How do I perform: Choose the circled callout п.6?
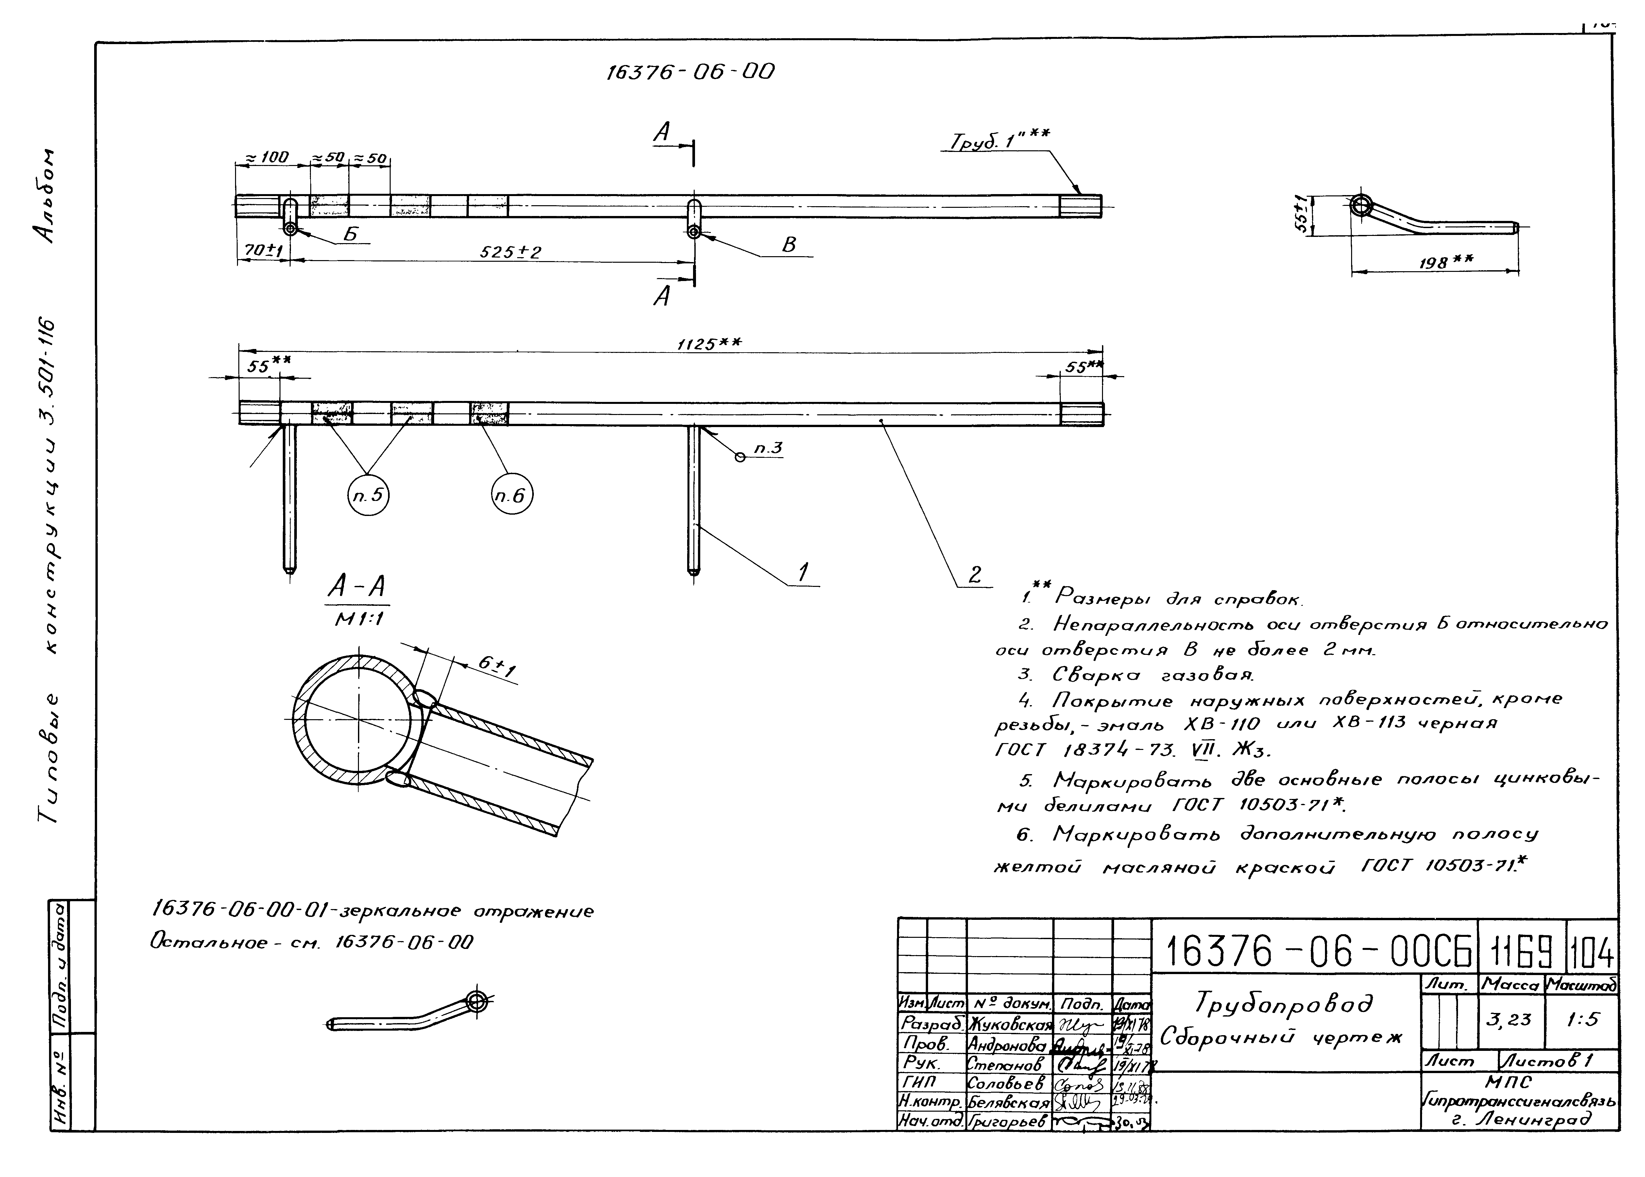point(512,496)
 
